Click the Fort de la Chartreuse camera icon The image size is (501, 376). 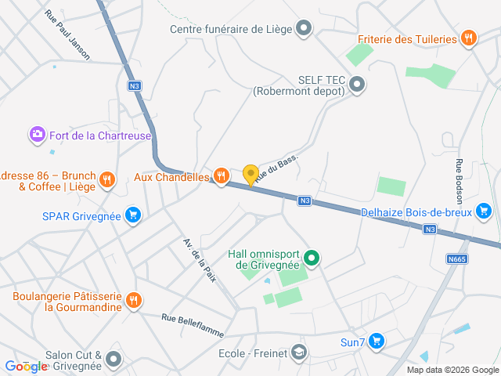pyautogui.click(x=37, y=135)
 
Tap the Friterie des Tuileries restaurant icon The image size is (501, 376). pyautogui.click(x=469, y=38)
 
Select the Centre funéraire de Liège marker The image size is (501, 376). pyautogui.click(x=304, y=30)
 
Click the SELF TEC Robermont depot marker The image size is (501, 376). pyautogui.click(x=357, y=84)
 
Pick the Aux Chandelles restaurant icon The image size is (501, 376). pyautogui.click(x=222, y=177)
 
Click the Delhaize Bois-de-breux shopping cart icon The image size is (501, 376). pyautogui.click(x=483, y=211)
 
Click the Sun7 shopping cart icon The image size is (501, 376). pyautogui.click(x=377, y=342)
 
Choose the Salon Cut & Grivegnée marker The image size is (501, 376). pyautogui.click(x=114, y=360)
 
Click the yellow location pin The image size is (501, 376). pyautogui.click(x=250, y=174)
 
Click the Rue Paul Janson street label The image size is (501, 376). pyautogui.click(x=67, y=35)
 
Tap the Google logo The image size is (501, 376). pyautogui.click(x=25, y=366)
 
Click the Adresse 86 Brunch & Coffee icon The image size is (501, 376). pyautogui.click(x=108, y=180)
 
